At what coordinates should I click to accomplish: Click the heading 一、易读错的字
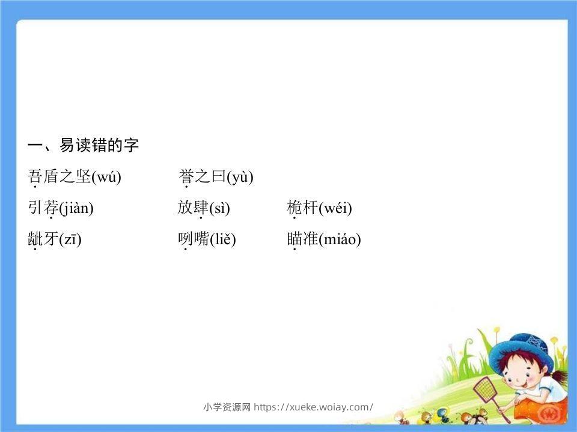(84, 145)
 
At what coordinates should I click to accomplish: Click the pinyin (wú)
(106, 177)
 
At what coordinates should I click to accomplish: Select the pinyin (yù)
(240, 177)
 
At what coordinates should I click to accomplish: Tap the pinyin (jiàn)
(76, 208)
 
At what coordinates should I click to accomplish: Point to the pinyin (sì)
(219, 208)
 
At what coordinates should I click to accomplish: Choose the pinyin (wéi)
(335, 208)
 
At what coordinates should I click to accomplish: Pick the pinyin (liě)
(222, 239)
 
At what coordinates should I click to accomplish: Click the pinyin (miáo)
(340, 239)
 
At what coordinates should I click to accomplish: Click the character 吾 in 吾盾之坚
(35, 176)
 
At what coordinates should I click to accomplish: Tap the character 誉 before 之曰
(186, 176)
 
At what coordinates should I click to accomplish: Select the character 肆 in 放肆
(201, 208)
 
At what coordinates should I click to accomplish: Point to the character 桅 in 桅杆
(295, 208)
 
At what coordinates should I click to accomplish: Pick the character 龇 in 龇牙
(35, 239)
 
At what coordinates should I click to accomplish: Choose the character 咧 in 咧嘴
(185, 239)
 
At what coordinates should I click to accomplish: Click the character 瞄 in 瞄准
(295, 239)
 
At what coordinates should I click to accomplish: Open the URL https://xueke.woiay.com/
(313, 407)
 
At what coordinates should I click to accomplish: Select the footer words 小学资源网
(227, 407)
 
